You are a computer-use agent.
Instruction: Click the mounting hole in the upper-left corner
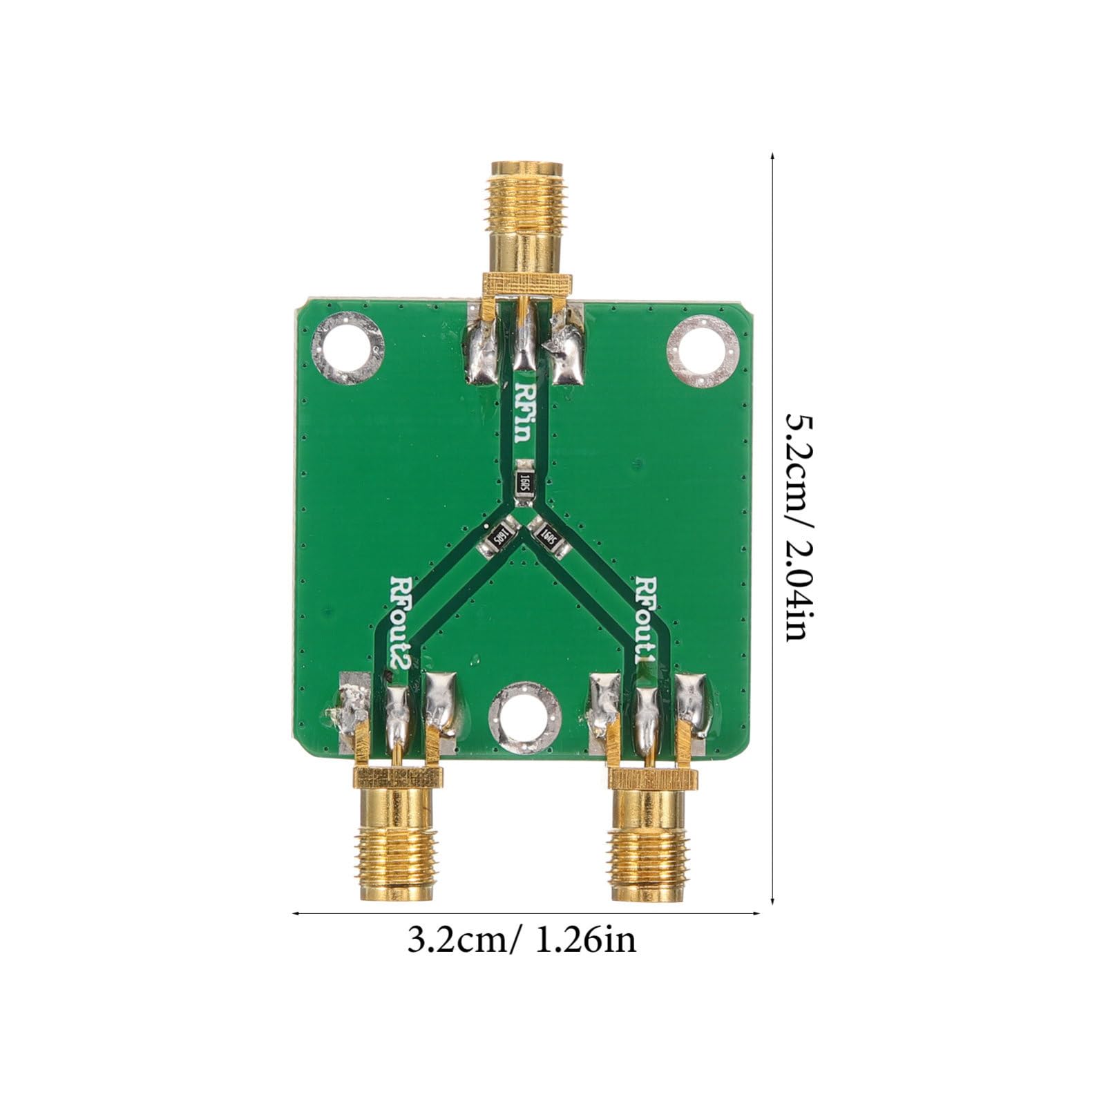(x=347, y=347)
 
